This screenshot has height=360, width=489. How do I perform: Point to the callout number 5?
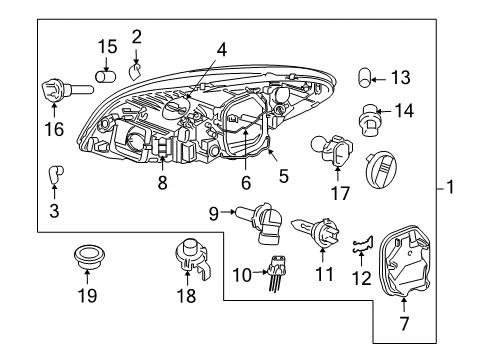[283, 177]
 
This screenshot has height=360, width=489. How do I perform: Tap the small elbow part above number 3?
[55, 177]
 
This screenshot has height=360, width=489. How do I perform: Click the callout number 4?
[220, 47]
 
